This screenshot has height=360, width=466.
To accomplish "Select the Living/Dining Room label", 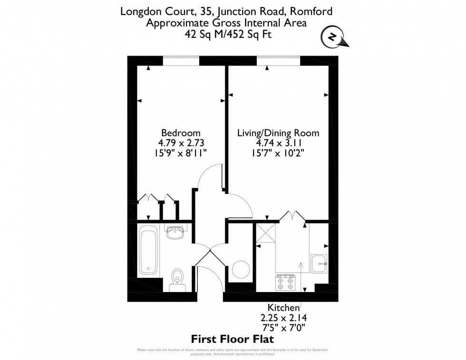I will click(278, 133).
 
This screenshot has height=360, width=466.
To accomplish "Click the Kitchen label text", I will click(283, 307).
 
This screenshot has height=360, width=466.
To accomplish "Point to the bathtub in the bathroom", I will click(148, 250).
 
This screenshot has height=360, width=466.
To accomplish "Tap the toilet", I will click(177, 278).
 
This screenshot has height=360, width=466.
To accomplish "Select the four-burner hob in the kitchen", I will click(285, 283).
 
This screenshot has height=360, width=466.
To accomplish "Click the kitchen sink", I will click(319, 263).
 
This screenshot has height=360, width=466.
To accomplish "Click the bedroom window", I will click(181, 61).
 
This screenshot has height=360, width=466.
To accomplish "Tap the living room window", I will click(278, 61).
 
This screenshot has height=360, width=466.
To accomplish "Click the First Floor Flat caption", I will click(233, 339).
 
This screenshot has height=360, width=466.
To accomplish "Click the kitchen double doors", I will click(292, 216).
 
